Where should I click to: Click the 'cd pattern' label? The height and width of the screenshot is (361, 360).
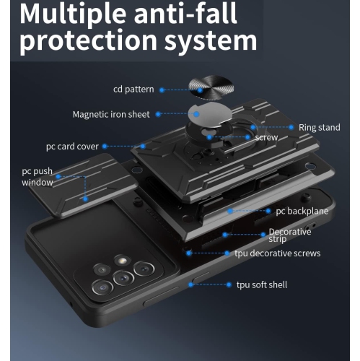(134, 90)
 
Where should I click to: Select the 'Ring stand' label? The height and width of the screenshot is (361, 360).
(319, 128)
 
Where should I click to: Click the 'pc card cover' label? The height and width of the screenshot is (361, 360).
(72, 146)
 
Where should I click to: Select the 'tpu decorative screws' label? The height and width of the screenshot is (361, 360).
(277, 253)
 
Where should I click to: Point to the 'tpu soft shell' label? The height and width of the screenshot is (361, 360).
(262, 285)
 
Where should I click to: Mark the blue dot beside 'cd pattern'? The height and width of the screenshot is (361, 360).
(162, 90)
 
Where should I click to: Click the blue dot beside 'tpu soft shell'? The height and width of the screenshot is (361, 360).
(191, 285)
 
